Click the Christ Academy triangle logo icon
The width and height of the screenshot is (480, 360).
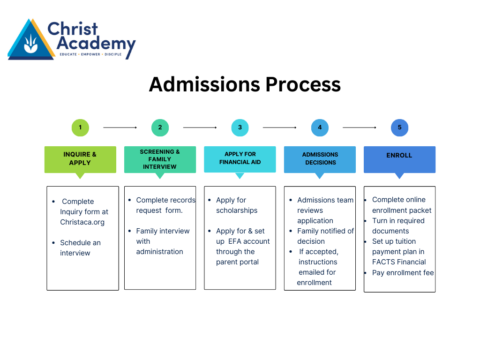[31, 41]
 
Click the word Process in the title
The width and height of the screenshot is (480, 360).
[303, 84]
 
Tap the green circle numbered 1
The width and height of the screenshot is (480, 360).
[80, 127]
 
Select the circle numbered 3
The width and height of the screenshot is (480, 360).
[240, 127]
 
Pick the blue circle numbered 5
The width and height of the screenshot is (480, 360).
[399, 127]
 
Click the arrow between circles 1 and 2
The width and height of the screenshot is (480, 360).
[120, 127]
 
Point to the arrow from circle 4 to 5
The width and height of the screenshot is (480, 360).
[360, 127]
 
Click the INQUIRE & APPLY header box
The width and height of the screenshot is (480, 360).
[80, 159]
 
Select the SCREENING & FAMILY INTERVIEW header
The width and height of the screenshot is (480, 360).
[160, 159]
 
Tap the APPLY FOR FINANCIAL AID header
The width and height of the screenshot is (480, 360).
[240, 158]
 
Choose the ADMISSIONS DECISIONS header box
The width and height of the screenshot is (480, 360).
[320, 159]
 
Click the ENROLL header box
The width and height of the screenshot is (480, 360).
[399, 159]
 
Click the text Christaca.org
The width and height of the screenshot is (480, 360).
[82, 222]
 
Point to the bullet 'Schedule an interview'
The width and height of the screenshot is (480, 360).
[80, 248]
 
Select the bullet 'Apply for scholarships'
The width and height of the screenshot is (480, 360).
[236, 205]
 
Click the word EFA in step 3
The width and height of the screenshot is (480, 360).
[237, 241]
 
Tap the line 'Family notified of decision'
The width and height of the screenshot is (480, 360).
[325, 236]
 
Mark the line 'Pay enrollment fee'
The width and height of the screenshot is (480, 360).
[403, 273]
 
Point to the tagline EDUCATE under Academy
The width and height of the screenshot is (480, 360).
[69, 54]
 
